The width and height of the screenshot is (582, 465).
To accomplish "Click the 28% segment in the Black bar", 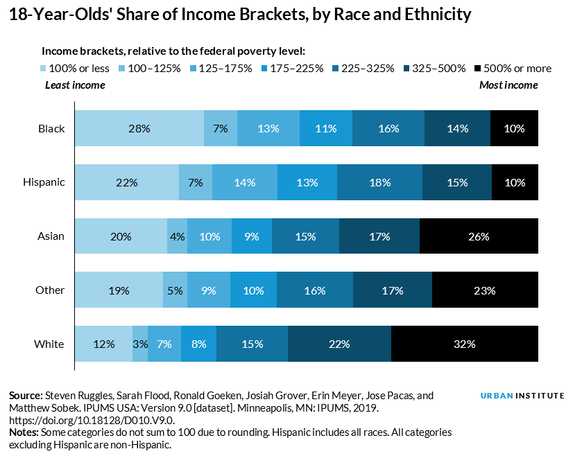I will pyautogui.click(x=139, y=128).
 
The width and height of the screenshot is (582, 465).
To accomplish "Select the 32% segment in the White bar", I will pyautogui.click(x=464, y=344).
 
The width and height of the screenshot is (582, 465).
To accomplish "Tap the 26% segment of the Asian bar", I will pyautogui.click(x=479, y=236).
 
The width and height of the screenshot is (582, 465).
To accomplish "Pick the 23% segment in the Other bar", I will pyautogui.click(x=485, y=290).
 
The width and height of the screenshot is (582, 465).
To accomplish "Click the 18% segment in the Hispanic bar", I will pyautogui.click(x=379, y=183).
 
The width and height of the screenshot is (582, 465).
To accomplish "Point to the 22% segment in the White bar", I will pyautogui.click(x=339, y=344).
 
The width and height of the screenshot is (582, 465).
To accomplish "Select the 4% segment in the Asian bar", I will pyautogui.click(x=177, y=236).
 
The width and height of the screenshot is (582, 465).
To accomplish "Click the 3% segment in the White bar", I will pyautogui.click(x=140, y=344).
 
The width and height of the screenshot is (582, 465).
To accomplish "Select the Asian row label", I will pyautogui.click(x=51, y=236).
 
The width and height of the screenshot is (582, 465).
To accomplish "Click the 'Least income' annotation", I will pyautogui.click(x=75, y=85).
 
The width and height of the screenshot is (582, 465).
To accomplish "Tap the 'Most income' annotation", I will pyautogui.click(x=508, y=85).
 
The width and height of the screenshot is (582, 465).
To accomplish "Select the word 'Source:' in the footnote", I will pyautogui.click(x=26, y=395).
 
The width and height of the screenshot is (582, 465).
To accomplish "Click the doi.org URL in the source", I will pyautogui.click(x=92, y=420).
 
